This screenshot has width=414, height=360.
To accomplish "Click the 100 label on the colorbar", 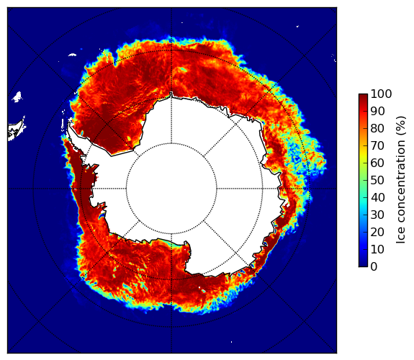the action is coord(381,94).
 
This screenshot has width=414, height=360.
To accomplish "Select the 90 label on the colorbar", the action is coord(377,111).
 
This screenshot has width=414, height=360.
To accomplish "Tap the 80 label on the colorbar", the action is coord(377,129).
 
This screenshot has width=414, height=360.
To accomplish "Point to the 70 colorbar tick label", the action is coord(377,145).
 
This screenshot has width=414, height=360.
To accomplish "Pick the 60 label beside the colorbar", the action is coord(377,163).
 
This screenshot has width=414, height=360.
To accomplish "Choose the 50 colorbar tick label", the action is coord(377,181).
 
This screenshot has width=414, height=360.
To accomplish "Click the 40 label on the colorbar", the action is coord(377,197).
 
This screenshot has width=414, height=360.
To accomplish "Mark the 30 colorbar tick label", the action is coord(377,215).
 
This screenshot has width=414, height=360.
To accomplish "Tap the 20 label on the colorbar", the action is coord(377,232).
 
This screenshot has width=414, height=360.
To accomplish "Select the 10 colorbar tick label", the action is coord(377,249).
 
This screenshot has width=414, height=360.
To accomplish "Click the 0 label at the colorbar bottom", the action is coord(374,267).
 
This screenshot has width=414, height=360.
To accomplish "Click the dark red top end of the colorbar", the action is coord(363,96).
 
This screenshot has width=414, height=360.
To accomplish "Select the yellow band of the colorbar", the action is coord(363,158).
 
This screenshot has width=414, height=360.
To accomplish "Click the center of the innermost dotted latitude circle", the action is coord(171,189).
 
